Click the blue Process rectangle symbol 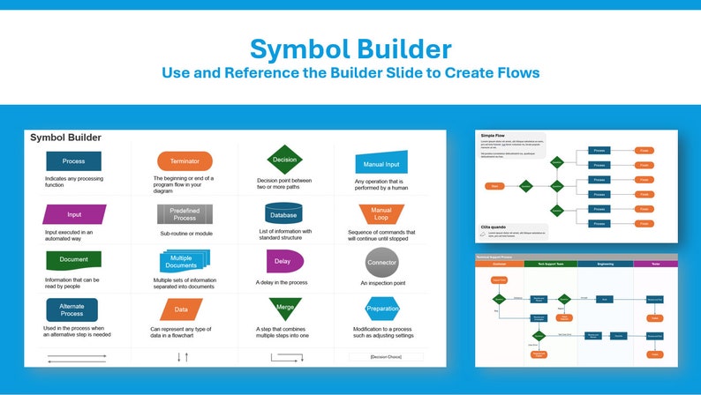point(73,161)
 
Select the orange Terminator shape point(185,161)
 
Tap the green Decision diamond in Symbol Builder point(285,160)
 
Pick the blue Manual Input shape point(381,163)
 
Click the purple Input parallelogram point(74,214)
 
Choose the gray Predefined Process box point(185,214)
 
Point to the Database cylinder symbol point(283,213)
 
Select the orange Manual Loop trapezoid point(381,213)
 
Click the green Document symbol point(73,260)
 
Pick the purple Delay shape point(283,261)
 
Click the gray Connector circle point(381,262)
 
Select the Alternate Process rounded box point(72,309)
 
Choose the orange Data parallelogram point(181,309)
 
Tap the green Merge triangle point(285,308)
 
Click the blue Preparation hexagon point(382,309)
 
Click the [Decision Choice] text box point(385,357)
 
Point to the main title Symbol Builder point(350,48)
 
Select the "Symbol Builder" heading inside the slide point(65,138)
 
